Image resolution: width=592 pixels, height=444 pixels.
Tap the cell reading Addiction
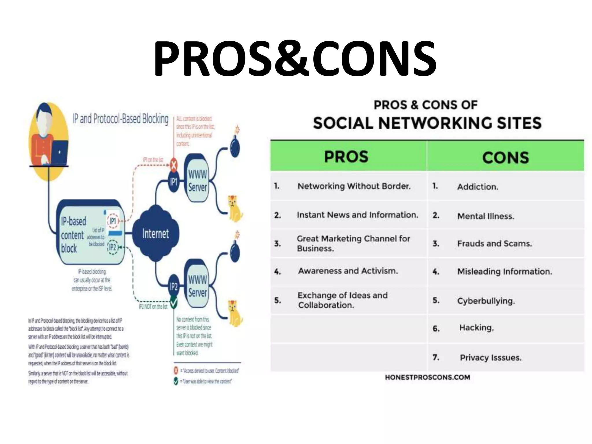click(478, 187)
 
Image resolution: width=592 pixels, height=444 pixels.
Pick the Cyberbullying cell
click(486, 301)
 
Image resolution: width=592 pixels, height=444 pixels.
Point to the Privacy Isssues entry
click(491, 358)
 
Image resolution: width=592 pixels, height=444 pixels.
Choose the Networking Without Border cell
click(354, 186)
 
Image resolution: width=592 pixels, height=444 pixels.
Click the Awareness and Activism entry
click(348, 271)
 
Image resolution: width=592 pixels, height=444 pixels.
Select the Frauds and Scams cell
click(494, 244)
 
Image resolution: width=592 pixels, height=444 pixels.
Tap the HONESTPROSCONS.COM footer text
click(427, 377)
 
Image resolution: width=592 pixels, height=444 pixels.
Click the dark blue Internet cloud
click(156, 233)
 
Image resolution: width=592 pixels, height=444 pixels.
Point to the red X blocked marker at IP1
click(173, 165)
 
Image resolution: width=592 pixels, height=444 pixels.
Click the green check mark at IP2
click(173, 302)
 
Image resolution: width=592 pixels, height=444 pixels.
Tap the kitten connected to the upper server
click(235, 208)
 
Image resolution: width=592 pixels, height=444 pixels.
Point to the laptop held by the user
click(59, 153)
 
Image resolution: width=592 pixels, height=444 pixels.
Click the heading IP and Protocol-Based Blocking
click(120, 119)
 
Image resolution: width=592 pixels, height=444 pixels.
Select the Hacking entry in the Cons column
click(476, 328)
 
